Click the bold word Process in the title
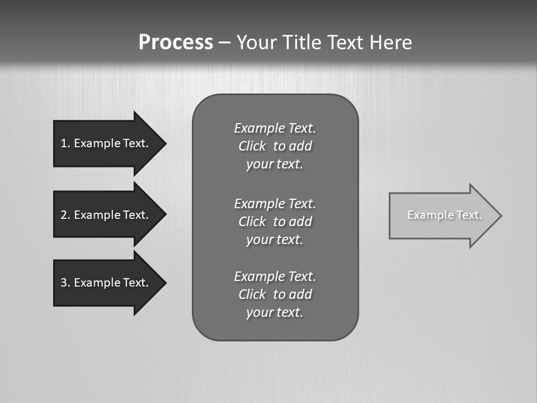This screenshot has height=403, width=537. point(176,43)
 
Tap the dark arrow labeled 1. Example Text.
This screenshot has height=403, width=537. point(106,143)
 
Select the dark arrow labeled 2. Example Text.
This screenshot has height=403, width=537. point(106,215)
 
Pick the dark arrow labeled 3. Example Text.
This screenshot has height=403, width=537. point(106,283)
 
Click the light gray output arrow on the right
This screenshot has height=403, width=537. point(442,215)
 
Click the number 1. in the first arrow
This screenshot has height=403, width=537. point(65,143)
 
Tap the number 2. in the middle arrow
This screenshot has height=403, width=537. point(65,215)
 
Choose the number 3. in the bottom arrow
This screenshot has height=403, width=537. point(65,283)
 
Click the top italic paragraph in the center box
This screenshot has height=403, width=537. point(275,146)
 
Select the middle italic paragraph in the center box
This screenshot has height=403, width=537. point(275,221)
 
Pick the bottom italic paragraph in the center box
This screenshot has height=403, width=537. point(275,294)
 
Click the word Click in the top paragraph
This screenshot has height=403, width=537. point(252,146)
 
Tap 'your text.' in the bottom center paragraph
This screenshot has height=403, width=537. point(275,312)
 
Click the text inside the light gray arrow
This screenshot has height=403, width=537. point(444,215)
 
